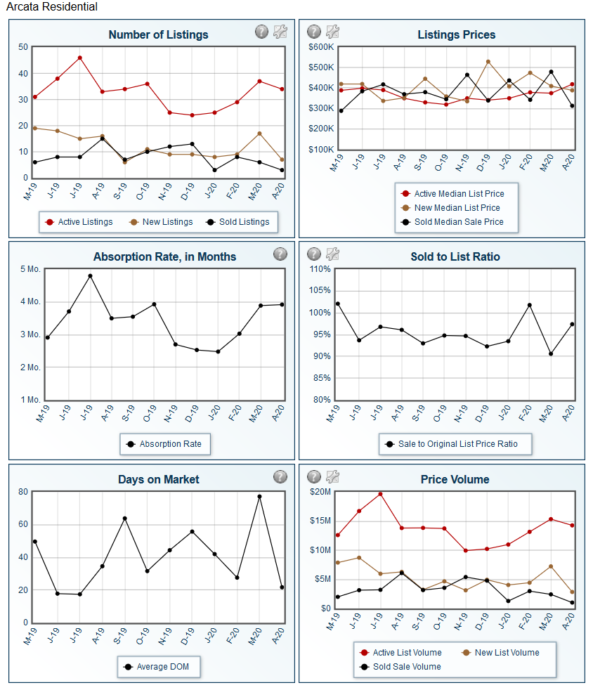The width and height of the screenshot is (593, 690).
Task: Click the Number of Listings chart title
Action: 158,34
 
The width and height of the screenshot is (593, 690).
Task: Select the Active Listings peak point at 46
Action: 79,58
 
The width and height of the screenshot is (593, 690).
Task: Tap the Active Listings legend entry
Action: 79,222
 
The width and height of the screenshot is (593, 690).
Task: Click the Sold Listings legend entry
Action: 237,222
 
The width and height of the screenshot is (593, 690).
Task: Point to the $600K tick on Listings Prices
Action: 321,47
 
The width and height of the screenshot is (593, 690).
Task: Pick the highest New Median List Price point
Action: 488,62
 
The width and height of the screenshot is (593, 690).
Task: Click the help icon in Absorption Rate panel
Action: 280,254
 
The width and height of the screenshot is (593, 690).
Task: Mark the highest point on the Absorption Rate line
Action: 90,276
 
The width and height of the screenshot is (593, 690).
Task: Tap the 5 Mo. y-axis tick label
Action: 30,269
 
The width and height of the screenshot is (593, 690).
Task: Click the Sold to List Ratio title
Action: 455,257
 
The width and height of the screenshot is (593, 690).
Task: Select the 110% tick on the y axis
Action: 320,269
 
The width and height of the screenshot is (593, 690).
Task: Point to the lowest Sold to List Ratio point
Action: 551,354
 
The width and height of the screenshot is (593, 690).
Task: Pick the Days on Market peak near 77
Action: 259,497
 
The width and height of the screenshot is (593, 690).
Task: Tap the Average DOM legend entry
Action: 157,667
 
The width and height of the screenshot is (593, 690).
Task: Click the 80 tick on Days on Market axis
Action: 23,492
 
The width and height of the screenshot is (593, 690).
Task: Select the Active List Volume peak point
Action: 381,494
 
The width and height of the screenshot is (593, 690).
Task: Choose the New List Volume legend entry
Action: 501,653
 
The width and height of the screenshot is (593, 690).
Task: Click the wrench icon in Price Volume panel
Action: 332,476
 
